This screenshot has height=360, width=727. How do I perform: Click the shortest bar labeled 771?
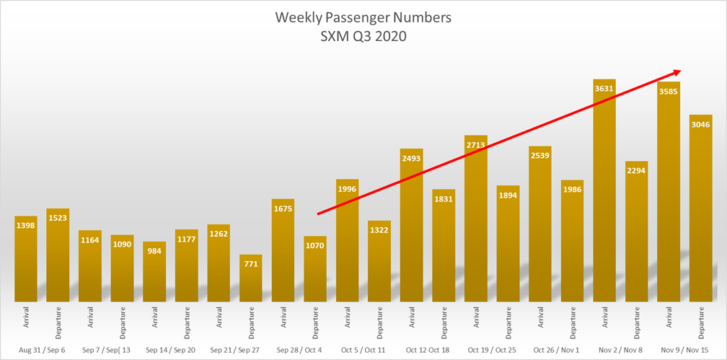coord(250,281)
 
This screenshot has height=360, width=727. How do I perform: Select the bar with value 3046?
coord(701,209)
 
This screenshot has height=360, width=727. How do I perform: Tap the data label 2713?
coord(475,146)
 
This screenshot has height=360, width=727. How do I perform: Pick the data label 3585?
coord(669,92)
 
